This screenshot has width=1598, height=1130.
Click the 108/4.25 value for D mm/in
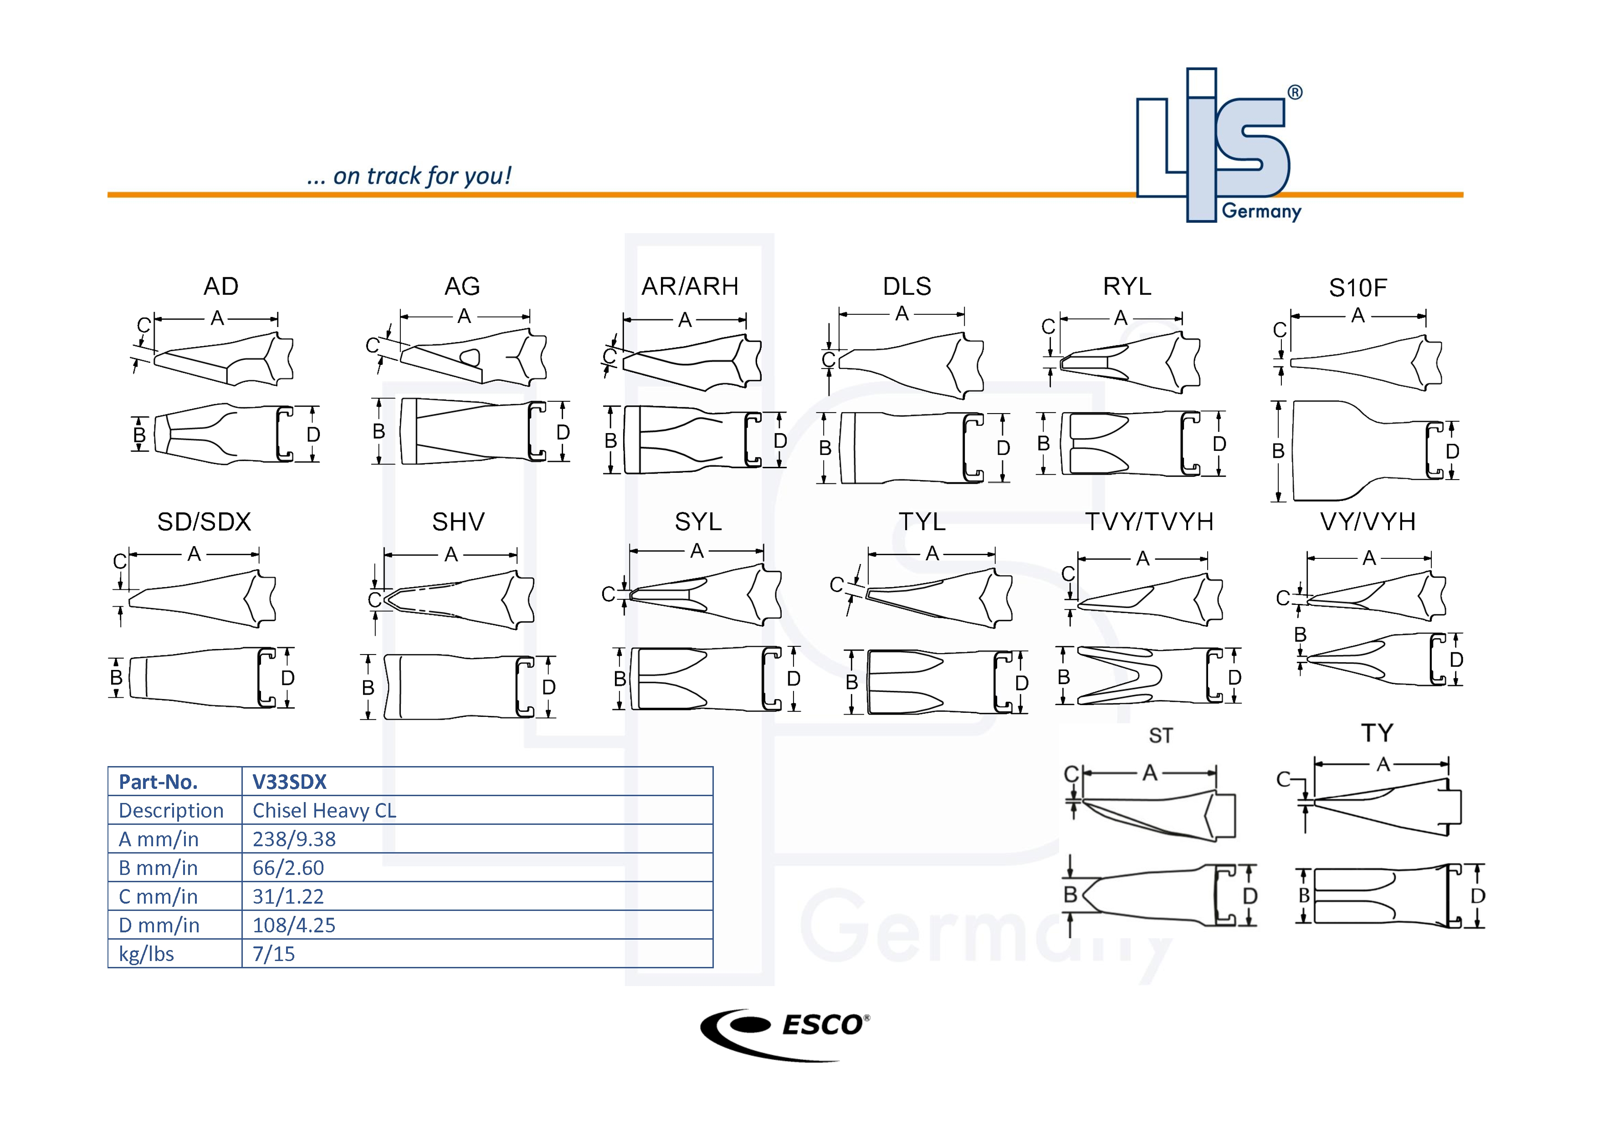pyautogui.click(x=294, y=925)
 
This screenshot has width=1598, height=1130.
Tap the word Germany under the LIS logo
pyautogui.click(x=1261, y=211)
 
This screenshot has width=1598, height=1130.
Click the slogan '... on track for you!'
pyautogui.click(x=409, y=176)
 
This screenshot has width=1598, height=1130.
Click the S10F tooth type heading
pyautogui.click(x=1358, y=288)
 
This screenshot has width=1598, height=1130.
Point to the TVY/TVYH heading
pyautogui.click(x=1150, y=522)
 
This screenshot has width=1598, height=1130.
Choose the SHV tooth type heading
pyautogui.click(x=458, y=522)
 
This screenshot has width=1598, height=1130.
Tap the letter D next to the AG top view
pyautogui.click(x=563, y=433)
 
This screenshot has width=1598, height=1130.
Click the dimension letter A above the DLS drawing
pyautogui.click(x=902, y=314)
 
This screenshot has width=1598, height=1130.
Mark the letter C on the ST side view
pyautogui.click(x=1070, y=774)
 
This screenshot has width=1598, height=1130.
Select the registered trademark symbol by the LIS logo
pyautogui.click(x=1295, y=92)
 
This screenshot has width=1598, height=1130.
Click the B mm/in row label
pyautogui.click(x=158, y=869)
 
